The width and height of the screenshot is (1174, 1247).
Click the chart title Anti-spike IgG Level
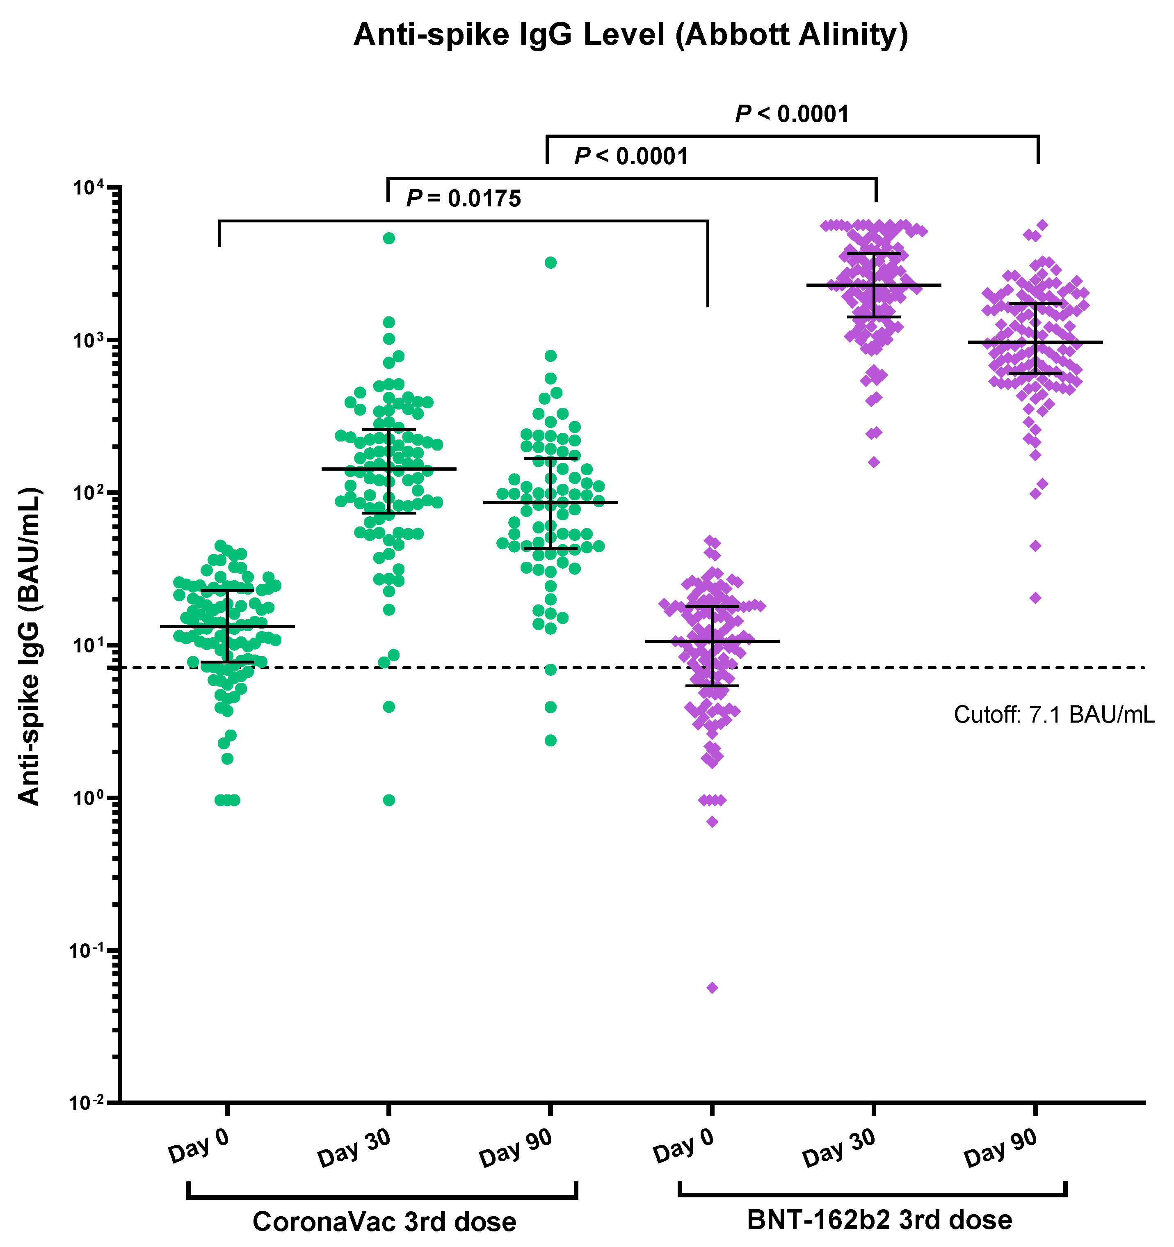(630, 34)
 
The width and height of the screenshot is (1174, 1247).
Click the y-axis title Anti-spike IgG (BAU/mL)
(29, 646)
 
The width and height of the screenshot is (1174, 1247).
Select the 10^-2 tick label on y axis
(88, 1102)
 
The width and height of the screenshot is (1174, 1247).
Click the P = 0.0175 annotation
(464, 199)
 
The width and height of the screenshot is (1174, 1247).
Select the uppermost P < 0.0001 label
(792, 114)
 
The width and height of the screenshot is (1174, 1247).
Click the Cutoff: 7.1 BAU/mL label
(1053, 714)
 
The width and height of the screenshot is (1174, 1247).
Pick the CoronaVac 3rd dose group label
(384, 1221)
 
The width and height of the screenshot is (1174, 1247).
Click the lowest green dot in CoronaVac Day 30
(389, 800)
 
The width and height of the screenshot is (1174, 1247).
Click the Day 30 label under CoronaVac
(355, 1148)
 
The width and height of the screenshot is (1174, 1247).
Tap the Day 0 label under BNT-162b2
(683, 1145)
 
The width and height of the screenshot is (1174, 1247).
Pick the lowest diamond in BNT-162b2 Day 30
(874, 462)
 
